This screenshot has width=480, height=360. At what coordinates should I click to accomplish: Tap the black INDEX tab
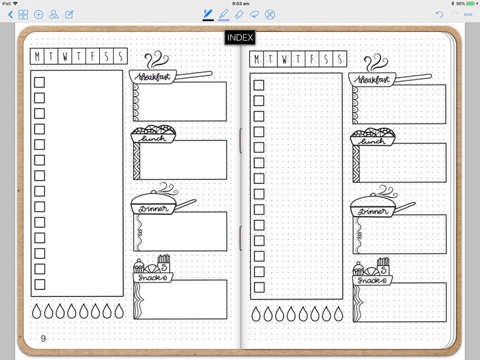click(x=239, y=38)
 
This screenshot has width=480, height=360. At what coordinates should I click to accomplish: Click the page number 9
click(x=43, y=338)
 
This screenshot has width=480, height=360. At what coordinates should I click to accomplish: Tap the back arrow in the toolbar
click(x=11, y=15)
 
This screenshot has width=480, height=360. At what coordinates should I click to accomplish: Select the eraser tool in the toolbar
click(x=239, y=15)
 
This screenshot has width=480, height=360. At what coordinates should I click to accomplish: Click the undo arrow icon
click(x=439, y=15)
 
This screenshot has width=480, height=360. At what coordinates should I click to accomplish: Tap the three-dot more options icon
click(x=468, y=15)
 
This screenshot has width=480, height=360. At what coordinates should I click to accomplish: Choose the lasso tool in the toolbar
click(x=255, y=15)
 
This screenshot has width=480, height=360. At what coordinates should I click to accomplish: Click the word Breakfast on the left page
click(x=154, y=77)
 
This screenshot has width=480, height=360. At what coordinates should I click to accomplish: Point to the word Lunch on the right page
click(x=371, y=142)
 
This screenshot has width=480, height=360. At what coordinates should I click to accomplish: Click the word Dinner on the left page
click(x=154, y=209)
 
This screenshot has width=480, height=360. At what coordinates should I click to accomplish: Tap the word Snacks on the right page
click(x=372, y=280)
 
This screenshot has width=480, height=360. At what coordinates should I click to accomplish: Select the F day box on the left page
click(x=92, y=56)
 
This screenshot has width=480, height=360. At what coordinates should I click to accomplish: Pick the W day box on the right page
click(x=284, y=59)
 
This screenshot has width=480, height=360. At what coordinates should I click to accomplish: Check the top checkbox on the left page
click(x=39, y=82)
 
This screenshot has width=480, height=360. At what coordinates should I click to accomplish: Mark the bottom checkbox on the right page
click(x=259, y=287)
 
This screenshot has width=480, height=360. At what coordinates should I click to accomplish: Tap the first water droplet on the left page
click(x=36, y=311)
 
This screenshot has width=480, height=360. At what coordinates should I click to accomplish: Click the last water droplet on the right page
click(x=339, y=313)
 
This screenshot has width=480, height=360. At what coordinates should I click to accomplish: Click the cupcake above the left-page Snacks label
click(x=138, y=266)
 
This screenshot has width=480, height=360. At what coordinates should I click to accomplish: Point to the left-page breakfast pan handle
click(x=193, y=75)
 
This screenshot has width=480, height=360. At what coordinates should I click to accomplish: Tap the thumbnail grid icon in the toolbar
click(x=23, y=15)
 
